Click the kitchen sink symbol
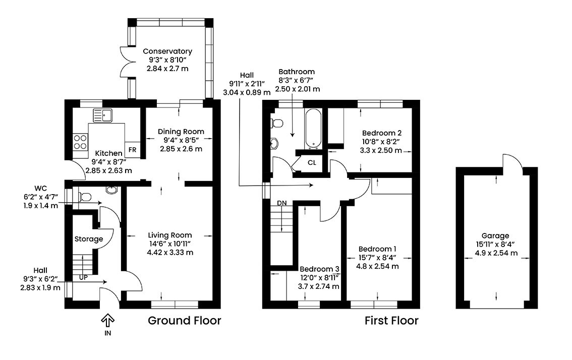point(103,115)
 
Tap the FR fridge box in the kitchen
point(133,150)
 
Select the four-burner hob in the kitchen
point(80,142)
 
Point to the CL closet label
point(312,163)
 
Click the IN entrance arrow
point(107,321)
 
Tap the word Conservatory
point(167,51)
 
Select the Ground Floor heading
point(184,321)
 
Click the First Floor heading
point(391,321)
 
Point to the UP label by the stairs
point(83,278)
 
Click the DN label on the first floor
point(281,203)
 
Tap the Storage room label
point(89,239)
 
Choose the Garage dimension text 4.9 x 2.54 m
point(496,253)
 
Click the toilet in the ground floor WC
point(85,197)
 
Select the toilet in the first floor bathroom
point(277,123)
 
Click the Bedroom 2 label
point(381,133)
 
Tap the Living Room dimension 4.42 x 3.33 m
point(170,253)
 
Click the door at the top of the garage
point(513,160)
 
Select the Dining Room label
point(181,132)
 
